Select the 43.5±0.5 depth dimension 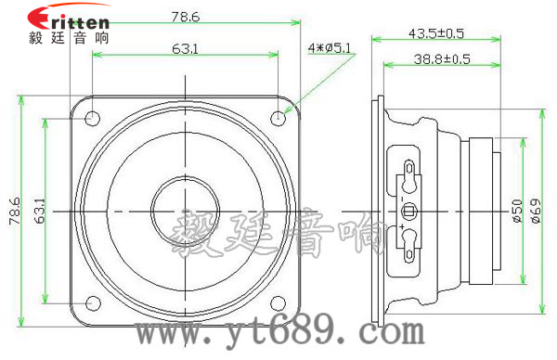[x=435, y=32]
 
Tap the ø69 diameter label [x=536, y=211]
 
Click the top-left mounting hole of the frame [x=92, y=119]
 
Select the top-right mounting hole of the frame [x=280, y=118]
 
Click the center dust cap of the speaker [x=186, y=211]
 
